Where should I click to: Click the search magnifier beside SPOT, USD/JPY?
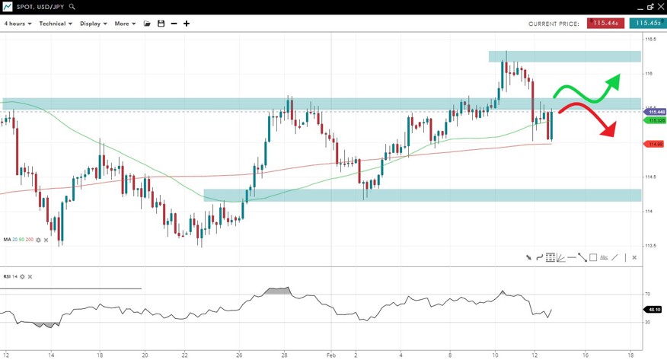coord(72,7)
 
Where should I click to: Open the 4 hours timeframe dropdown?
coord(18,24)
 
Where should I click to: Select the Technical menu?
coord(56,24)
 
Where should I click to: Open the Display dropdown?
coord(93,24)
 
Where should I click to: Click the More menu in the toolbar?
coord(124,24)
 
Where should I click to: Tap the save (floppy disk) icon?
coord(161,24)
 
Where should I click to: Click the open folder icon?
coord(148,24)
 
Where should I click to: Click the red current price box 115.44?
coord(605,24)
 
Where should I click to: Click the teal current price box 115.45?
coord(647,24)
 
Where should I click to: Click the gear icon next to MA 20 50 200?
coord(39,240)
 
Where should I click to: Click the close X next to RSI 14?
coord(30,277)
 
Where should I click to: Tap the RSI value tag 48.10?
coord(653,310)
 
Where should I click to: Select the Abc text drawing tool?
coord(604,257)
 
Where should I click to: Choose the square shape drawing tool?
coord(592,257)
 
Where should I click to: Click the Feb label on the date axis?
coord(331,355)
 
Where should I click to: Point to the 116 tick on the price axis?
coord(649,74)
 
